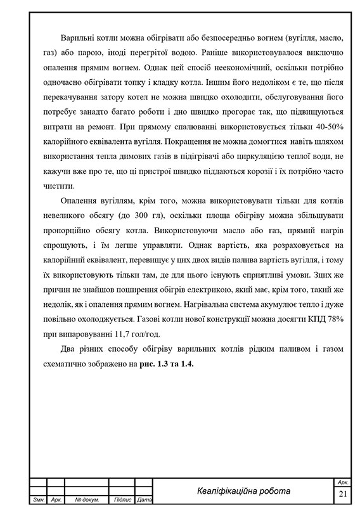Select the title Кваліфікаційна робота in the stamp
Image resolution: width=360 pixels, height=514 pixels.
coord(243,491)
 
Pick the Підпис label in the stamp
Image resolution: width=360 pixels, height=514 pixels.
coord(122,501)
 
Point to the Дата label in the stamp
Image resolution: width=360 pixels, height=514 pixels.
coord(145,501)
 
